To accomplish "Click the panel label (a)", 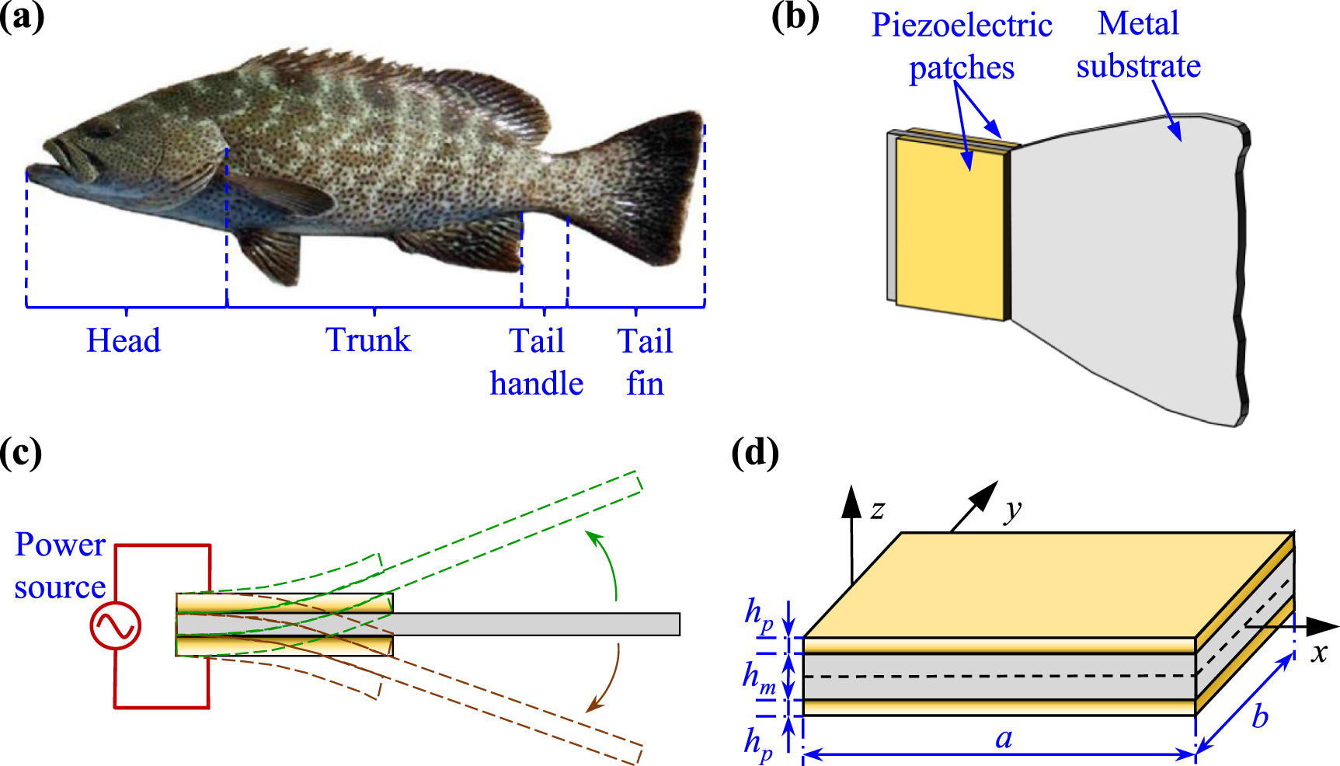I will click(22, 17).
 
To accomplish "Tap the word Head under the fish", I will click(124, 340).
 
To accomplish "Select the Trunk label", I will click(368, 340).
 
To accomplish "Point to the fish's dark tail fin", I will click(660, 186).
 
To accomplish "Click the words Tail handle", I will click(537, 362).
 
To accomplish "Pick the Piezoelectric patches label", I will click(962, 47).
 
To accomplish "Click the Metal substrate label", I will click(1138, 45).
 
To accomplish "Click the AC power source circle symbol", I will click(116, 626).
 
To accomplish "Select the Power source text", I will click(60, 566).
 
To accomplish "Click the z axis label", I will click(878, 510).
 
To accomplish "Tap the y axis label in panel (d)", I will click(1012, 510).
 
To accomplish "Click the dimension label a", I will click(1004, 738).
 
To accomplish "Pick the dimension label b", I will click(1259, 716).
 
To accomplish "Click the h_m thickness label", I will click(758, 677).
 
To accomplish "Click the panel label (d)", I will click(755, 453).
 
